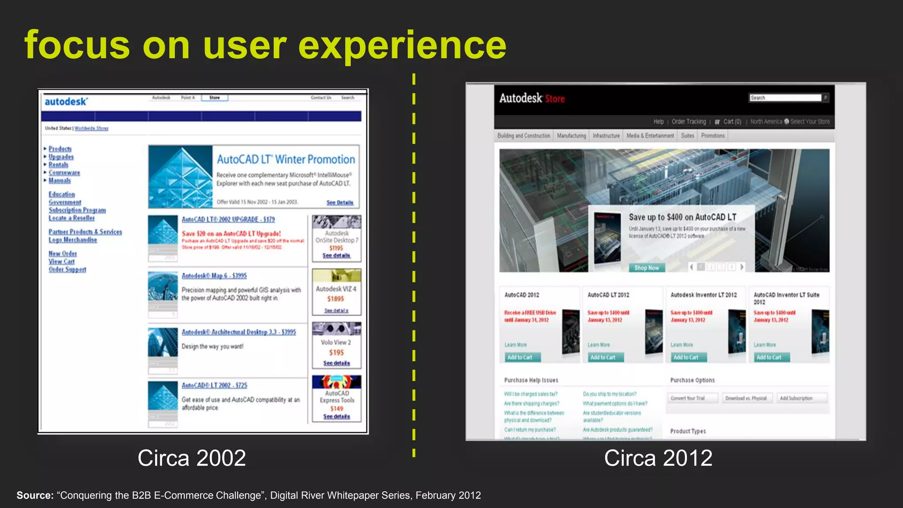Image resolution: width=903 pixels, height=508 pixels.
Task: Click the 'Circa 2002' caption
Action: [191, 458]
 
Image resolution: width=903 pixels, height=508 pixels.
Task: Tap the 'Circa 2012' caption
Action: [658, 458]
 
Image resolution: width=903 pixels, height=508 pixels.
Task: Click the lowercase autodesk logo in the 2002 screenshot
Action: [66, 101]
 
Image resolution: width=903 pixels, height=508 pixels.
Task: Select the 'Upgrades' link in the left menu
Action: [61, 157]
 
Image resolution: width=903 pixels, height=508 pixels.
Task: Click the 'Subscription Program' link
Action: [77, 210]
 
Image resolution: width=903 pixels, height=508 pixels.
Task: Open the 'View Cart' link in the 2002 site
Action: [61, 261]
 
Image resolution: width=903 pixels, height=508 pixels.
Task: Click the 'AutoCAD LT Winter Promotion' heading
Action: [286, 159]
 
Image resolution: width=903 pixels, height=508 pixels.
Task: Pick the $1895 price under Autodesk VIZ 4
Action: [336, 299]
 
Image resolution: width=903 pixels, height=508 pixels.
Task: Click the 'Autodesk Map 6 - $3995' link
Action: [214, 276]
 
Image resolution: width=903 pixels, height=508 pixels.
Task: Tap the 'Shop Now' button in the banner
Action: [646, 268]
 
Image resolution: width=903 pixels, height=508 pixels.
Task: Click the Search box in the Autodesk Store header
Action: [785, 98]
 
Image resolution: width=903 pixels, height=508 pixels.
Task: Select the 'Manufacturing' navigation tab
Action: [571, 136]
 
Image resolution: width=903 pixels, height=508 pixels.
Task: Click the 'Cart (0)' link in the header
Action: [732, 122]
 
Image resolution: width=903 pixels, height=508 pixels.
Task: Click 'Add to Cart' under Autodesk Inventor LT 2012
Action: [686, 357]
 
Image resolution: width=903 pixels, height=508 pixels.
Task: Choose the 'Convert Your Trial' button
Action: [688, 398]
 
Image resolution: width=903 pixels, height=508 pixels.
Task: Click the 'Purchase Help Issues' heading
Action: [531, 380]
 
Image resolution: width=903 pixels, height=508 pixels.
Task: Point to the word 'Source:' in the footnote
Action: [35, 495]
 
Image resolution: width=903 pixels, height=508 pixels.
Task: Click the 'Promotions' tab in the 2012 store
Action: [713, 136]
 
